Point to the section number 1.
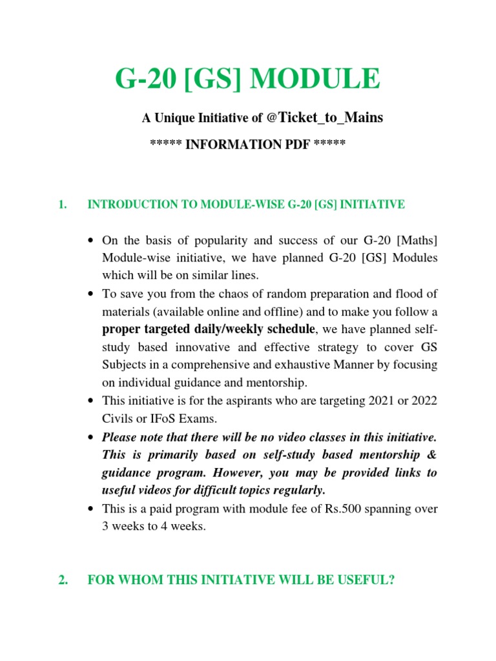62,205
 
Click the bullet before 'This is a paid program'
91,509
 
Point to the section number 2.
62,580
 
